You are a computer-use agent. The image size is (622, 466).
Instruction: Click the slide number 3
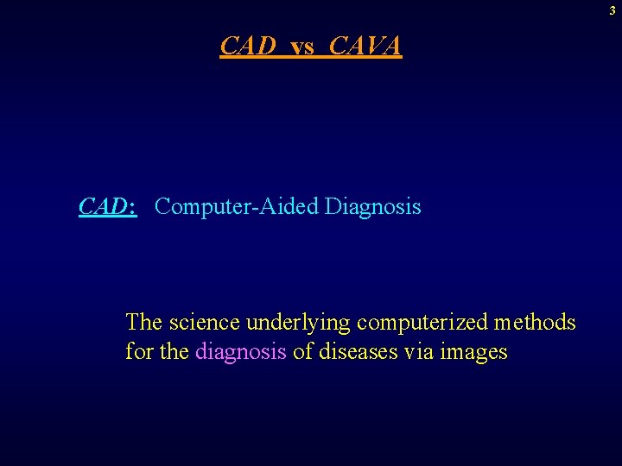[612, 11]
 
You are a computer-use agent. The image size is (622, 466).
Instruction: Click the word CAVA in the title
[365, 46]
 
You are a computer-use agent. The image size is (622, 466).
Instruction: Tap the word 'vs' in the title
[302, 47]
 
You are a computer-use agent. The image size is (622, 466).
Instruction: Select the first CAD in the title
[249, 46]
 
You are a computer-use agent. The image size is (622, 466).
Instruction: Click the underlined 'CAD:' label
[107, 207]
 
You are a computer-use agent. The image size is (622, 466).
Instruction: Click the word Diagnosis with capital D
[373, 207]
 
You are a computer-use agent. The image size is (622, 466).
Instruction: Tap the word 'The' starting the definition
[144, 323]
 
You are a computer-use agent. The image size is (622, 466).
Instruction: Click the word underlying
[298, 324]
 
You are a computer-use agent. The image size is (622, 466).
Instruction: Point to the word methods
[535, 323]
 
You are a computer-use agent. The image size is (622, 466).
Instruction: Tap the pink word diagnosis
[241, 353]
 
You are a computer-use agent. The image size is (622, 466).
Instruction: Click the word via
[420, 352]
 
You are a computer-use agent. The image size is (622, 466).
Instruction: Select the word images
[473, 353]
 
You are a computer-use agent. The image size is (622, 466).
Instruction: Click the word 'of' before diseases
[302, 352]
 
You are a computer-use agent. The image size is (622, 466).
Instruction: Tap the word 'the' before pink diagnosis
[175, 352]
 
